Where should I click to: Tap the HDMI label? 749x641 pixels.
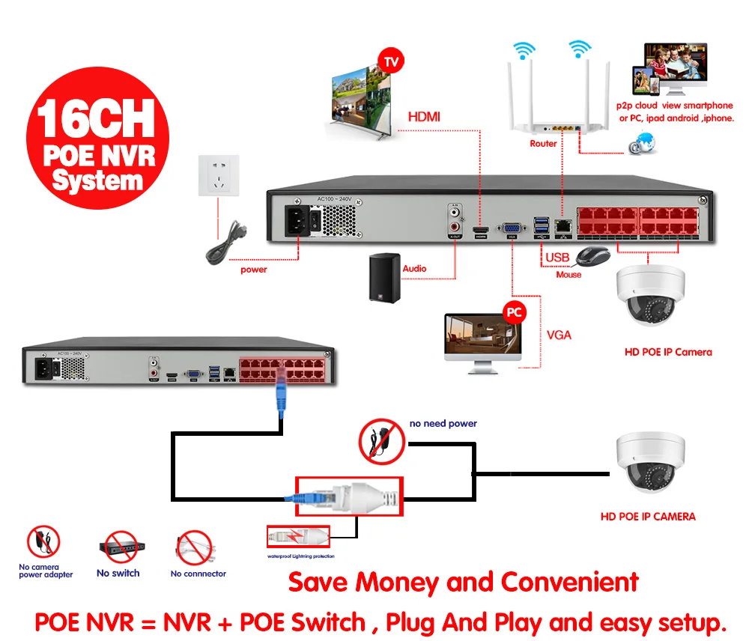pos(424,117)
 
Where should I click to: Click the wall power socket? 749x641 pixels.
pos(218,175)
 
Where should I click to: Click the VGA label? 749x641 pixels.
pos(560,335)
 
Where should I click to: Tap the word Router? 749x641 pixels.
pos(543,143)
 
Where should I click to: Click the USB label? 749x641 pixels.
pos(557,258)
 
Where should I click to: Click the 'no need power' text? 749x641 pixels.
pos(443,423)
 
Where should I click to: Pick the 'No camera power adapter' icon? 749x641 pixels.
pos(43,542)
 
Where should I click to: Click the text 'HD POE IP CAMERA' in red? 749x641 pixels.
pos(648,516)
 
